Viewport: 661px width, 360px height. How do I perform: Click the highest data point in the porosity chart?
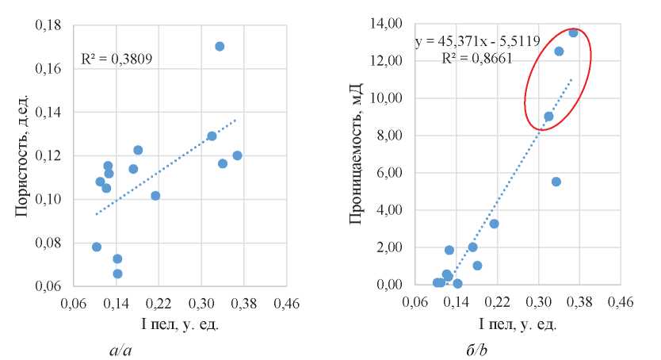[x=220, y=46]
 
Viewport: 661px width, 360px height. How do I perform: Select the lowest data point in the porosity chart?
[x=117, y=274]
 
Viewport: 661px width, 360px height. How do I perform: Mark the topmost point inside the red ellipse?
[x=573, y=33]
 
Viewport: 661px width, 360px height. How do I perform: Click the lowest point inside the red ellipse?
[x=548, y=117]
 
